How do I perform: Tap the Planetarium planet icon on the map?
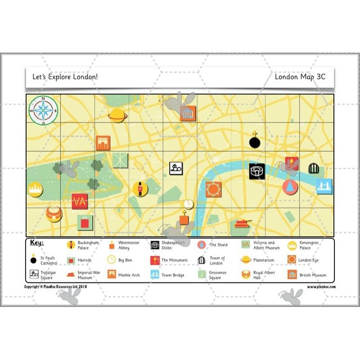tap(117, 115)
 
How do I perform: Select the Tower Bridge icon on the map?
tap(324, 186)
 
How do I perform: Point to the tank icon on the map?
tap(243, 222)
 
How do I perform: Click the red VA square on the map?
tap(80, 201)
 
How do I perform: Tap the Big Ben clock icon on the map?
tap(189, 204)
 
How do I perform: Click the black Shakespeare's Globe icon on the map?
tap(257, 171)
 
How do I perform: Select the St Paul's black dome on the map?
tap(255, 141)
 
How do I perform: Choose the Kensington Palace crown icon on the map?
tap(35, 189)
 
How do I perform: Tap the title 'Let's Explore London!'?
tap(65, 77)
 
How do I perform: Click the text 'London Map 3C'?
tap(300, 77)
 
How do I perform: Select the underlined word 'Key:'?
tap(37, 243)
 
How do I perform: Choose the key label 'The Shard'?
tap(219, 245)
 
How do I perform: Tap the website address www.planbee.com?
tap(321, 287)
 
